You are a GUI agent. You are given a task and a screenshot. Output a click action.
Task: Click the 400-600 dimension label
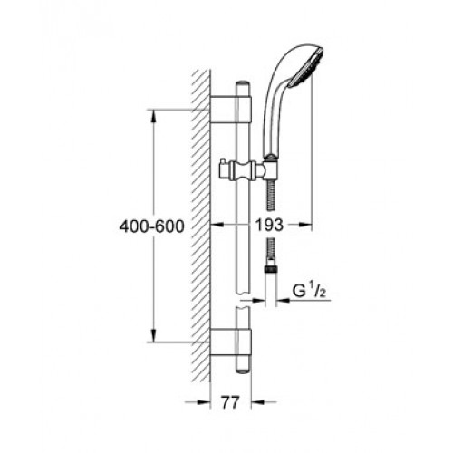(x=151, y=226)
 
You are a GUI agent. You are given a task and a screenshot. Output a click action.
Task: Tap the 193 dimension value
(x=269, y=225)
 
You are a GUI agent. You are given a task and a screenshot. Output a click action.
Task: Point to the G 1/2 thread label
(x=309, y=291)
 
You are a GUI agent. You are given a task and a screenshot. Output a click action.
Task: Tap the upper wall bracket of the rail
(x=230, y=110)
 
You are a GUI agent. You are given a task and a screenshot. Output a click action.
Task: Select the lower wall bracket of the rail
(x=230, y=342)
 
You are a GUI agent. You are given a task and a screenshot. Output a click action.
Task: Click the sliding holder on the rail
(x=242, y=170)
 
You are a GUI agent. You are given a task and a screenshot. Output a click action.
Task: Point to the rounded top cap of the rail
(x=243, y=85)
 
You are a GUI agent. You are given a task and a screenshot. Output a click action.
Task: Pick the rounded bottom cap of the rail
(x=243, y=371)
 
